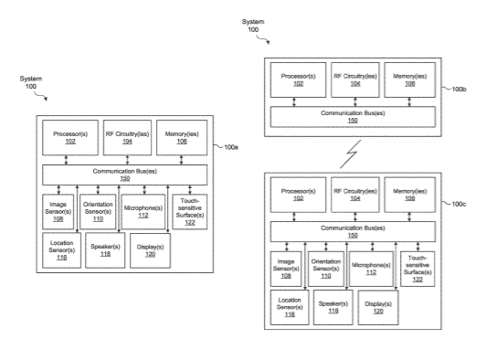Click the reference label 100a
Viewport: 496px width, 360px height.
coord(231,147)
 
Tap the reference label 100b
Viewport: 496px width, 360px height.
coord(459,90)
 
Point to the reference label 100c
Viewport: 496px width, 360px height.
coord(459,204)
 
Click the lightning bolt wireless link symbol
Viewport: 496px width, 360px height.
coord(351,154)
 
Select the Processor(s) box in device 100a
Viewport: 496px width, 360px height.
coord(70,138)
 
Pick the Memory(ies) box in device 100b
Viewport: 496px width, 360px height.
coord(409,79)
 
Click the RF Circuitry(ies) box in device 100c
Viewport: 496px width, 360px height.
coord(355,195)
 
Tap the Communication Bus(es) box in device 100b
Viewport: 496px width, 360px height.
coord(353,117)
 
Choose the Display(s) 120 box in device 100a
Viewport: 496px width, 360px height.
coord(150,250)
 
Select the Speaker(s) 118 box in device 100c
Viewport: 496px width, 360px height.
coord(333,308)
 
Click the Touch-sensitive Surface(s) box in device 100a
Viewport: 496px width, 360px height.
coord(190,212)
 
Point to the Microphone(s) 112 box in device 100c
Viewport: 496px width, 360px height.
coord(371,269)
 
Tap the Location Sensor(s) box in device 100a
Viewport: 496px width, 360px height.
coord(62,250)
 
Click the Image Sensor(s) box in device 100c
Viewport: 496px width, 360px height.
coord(286,269)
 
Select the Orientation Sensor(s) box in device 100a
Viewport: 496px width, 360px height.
coord(98,212)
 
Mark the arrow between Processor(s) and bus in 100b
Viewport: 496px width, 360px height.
coord(294,101)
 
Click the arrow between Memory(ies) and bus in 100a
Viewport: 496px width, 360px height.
coord(181,160)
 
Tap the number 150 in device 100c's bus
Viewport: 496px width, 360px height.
coord(353,236)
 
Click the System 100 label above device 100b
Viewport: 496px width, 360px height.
coord(253,26)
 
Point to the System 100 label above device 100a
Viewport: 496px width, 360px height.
coord(31,82)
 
